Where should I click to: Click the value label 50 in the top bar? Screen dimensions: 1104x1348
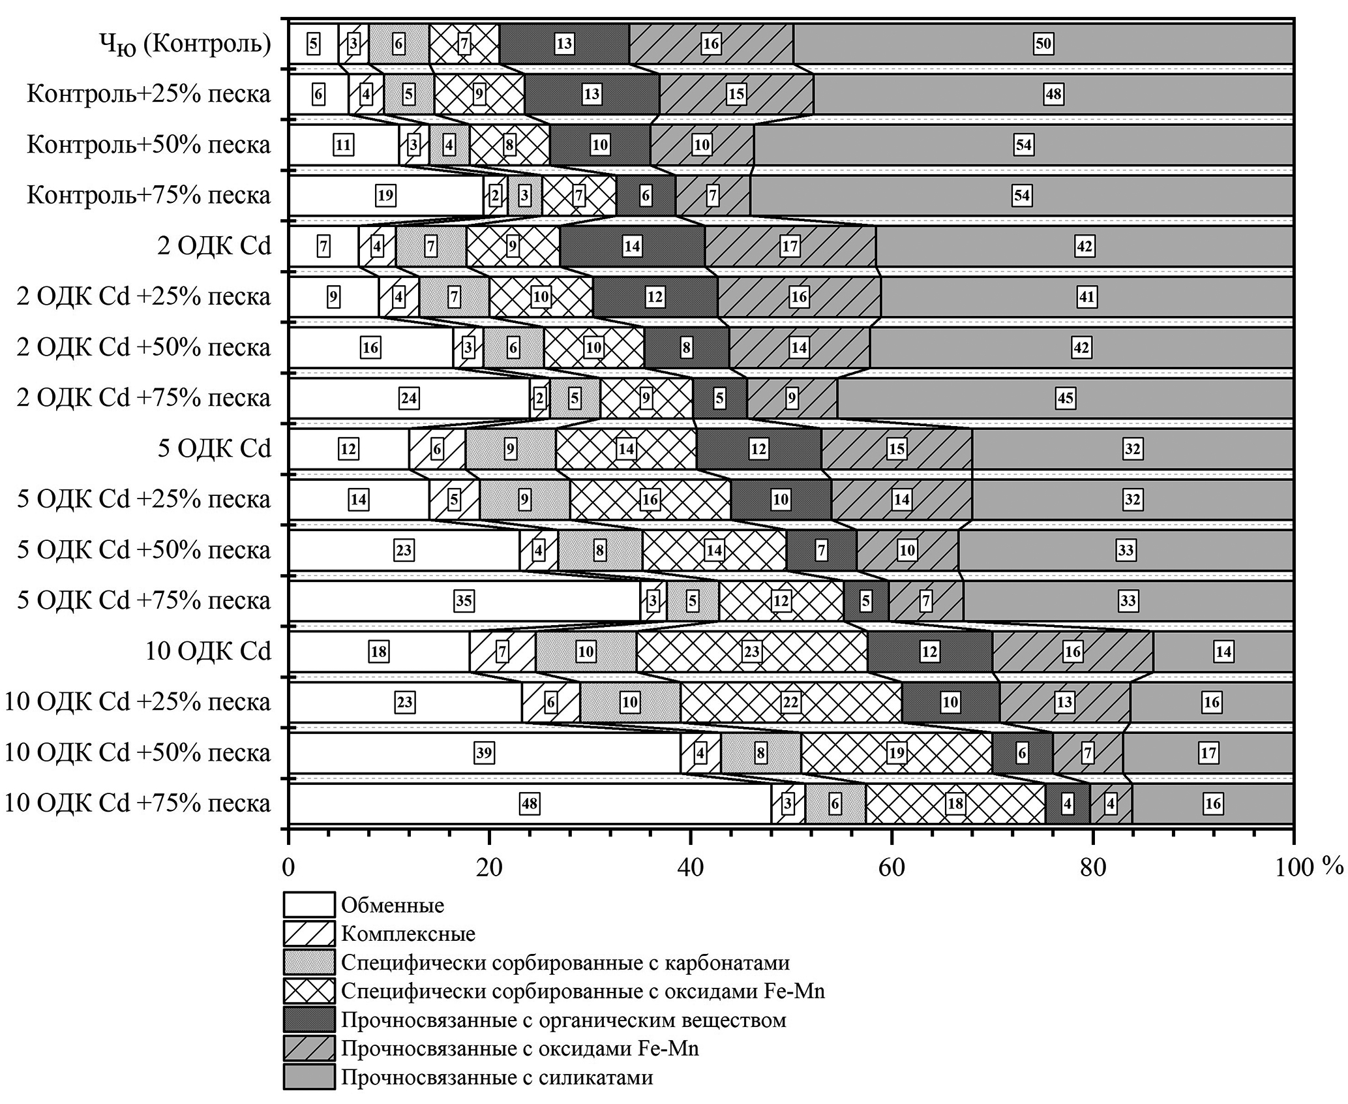[1043, 44]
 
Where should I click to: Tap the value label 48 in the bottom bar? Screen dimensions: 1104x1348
[529, 803]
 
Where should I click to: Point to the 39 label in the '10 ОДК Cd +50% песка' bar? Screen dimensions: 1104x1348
[484, 753]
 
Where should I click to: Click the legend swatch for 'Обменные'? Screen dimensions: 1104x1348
[308, 905]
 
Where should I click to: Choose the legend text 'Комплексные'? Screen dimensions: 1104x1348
[408, 934]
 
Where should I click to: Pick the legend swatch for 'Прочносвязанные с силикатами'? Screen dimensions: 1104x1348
[308, 1077]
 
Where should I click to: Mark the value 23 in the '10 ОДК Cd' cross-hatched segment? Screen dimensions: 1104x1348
[752, 651]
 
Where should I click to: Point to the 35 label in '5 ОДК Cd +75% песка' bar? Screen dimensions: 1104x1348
[463, 600]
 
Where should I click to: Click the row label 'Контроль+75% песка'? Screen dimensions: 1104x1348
[149, 195]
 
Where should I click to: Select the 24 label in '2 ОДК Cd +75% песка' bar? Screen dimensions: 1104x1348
[409, 398]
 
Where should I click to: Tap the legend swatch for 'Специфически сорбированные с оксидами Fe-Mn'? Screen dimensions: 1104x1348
[308, 990]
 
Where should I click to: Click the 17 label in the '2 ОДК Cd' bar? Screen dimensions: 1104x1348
[789, 246]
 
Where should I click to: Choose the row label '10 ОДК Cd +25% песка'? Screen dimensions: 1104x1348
[137, 702]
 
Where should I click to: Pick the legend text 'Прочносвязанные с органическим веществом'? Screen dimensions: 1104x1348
[563, 1019]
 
